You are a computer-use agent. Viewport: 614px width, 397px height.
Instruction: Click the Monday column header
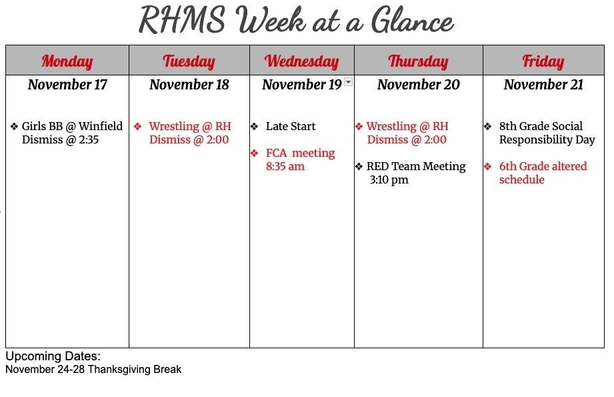(67, 62)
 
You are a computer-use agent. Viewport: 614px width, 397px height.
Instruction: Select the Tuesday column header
(189, 62)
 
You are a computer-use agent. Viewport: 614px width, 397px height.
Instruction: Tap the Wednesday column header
(301, 62)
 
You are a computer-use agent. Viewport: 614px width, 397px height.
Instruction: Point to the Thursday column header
(418, 62)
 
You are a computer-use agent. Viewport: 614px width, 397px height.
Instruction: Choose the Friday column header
(543, 62)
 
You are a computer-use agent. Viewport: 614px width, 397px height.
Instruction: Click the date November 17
(67, 85)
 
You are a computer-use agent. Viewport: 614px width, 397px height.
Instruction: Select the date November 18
(189, 85)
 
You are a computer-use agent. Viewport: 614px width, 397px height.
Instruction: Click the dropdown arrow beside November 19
(348, 82)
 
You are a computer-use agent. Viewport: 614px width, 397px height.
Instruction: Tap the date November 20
(418, 85)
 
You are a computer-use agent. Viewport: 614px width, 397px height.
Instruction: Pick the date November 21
(543, 85)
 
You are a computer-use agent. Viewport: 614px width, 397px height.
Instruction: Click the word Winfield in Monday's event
(101, 126)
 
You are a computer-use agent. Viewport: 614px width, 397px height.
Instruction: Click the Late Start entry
(291, 126)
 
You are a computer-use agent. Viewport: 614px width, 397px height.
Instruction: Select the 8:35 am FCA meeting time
(285, 167)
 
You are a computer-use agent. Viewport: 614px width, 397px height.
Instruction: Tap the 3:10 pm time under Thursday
(389, 180)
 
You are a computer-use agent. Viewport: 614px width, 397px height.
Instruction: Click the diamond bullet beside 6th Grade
(487, 166)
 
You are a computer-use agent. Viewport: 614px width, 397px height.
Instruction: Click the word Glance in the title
(413, 21)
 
